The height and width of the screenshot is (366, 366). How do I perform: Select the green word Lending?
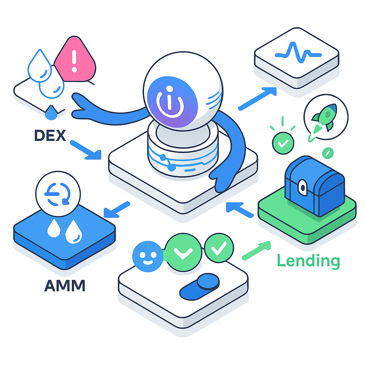tap(308, 261)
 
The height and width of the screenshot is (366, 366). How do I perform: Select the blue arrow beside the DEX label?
tap(85, 149)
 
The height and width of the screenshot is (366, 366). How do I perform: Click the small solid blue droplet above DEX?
tap(50, 112)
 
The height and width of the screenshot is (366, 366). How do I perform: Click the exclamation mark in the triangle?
tap(75, 61)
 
